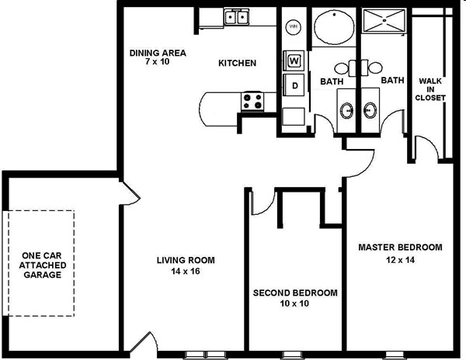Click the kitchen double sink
pyautogui.click(x=236, y=17)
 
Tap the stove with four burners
pyautogui.click(x=252, y=101)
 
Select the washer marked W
pyautogui.click(x=294, y=61)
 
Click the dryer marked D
pyautogui.click(x=294, y=85)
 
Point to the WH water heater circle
pyautogui.click(x=294, y=27)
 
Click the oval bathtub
pyautogui.click(x=334, y=26)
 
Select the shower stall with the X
pyautogui.click(x=384, y=20)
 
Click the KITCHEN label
pyautogui.click(x=237, y=63)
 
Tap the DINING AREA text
pyautogui.click(x=158, y=53)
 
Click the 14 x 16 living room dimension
pyautogui.click(x=186, y=271)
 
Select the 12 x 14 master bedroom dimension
pyautogui.click(x=400, y=260)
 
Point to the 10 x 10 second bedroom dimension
pyautogui.click(x=294, y=303)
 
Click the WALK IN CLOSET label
pyautogui.click(x=430, y=89)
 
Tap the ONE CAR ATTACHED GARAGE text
pyautogui.click(x=43, y=265)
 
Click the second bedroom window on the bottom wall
pyautogui.click(x=291, y=355)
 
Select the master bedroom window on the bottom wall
pyautogui.click(x=395, y=355)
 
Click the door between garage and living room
pyautogui.click(x=130, y=193)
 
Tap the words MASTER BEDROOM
pyautogui.click(x=400, y=247)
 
